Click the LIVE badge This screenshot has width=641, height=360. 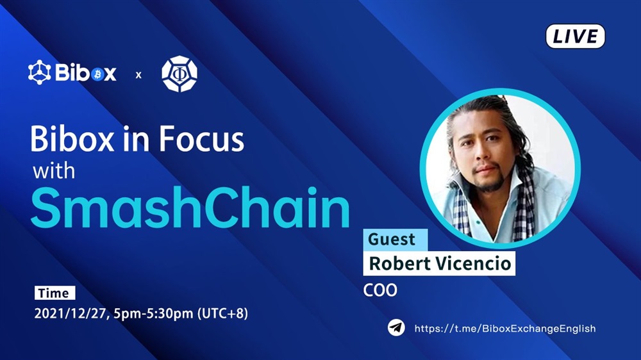coord(575,37)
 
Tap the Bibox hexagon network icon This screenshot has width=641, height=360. coord(39,72)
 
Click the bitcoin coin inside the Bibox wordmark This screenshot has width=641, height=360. coord(97,74)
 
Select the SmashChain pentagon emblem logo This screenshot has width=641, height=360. coord(179,74)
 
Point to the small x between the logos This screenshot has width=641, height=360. coord(138,75)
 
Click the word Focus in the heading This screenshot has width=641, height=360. coord(201,140)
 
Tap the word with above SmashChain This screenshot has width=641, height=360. coord(54,170)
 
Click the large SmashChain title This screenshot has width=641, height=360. coord(190,208)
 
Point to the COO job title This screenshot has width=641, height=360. coord(380,290)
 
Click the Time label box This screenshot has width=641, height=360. coord(54,293)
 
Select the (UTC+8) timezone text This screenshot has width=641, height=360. coord(222,313)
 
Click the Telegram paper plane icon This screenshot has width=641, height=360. coord(396,328)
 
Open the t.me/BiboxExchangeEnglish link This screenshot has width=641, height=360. coord(505,329)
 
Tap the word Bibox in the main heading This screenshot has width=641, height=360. coord(72,140)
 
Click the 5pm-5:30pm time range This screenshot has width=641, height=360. coord(153,314)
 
